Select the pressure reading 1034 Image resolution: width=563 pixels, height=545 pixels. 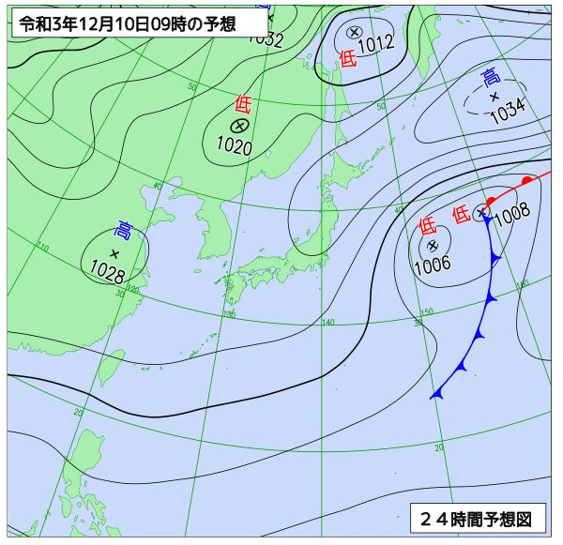[x=507, y=112]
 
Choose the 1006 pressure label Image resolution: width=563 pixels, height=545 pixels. [x=433, y=264]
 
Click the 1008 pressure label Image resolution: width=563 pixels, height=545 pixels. [x=512, y=215]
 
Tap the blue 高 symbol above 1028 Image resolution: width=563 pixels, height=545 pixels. [x=124, y=229]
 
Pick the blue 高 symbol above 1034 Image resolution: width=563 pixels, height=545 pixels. [x=490, y=77]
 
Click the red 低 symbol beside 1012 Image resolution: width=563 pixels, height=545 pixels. [x=347, y=59]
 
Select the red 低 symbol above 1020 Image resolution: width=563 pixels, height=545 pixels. [x=243, y=103]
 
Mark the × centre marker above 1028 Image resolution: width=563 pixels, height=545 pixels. [x=114, y=253]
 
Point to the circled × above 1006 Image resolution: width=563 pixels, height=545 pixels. [x=433, y=245]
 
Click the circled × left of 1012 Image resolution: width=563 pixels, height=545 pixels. [x=354, y=32]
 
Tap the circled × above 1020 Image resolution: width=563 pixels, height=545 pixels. [x=238, y=125]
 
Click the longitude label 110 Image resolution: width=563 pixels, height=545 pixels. [x=43, y=248]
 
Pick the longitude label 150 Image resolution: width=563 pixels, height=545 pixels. [x=426, y=312]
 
